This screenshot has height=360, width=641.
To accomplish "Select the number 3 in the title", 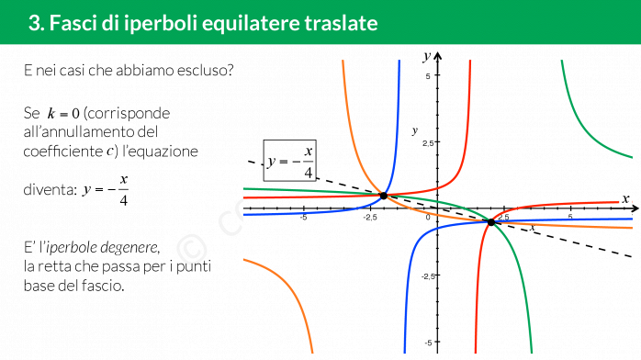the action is click(34, 23).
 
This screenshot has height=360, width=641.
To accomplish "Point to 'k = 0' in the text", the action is click(63, 113).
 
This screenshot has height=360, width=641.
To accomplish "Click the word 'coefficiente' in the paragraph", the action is click(63, 152).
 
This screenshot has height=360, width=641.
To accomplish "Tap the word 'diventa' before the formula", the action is click(49, 189).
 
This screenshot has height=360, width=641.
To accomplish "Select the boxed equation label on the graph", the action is click(290, 160).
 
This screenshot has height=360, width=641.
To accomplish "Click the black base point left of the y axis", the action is click(384, 196).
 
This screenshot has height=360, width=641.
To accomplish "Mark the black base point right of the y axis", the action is click(491, 222).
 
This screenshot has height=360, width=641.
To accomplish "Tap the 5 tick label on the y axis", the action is click(428, 75).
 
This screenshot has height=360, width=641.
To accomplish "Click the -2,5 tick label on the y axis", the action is click(428, 276).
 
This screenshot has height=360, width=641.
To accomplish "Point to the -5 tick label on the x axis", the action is click(303, 217).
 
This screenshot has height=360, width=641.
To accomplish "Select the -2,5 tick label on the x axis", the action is click(370, 217).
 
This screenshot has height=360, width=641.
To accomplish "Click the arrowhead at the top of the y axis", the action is click(438, 56).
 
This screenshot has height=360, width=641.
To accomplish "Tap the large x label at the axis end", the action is click(625, 199).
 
